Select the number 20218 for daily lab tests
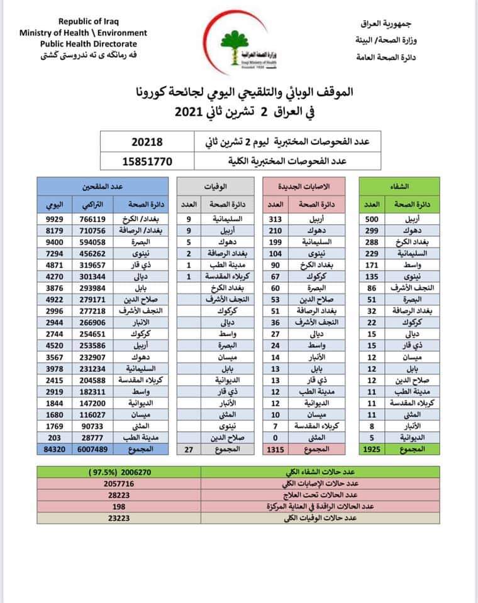click(x=147, y=143)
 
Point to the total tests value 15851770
click(x=147, y=161)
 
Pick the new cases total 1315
click(x=274, y=449)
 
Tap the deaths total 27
click(x=189, y=449)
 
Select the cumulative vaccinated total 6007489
click(x=94, y=449)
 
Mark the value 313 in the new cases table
click(x=274, y=219)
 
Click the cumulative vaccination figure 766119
click(x=94, y=219)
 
